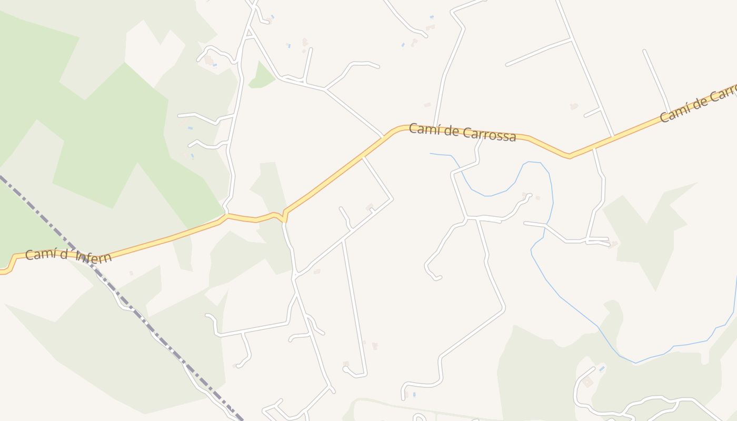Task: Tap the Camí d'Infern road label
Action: coord(68,256)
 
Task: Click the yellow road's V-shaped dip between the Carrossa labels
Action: coord(569,156)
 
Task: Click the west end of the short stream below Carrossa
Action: coord(431,154)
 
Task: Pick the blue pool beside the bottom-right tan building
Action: coord(601,369)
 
